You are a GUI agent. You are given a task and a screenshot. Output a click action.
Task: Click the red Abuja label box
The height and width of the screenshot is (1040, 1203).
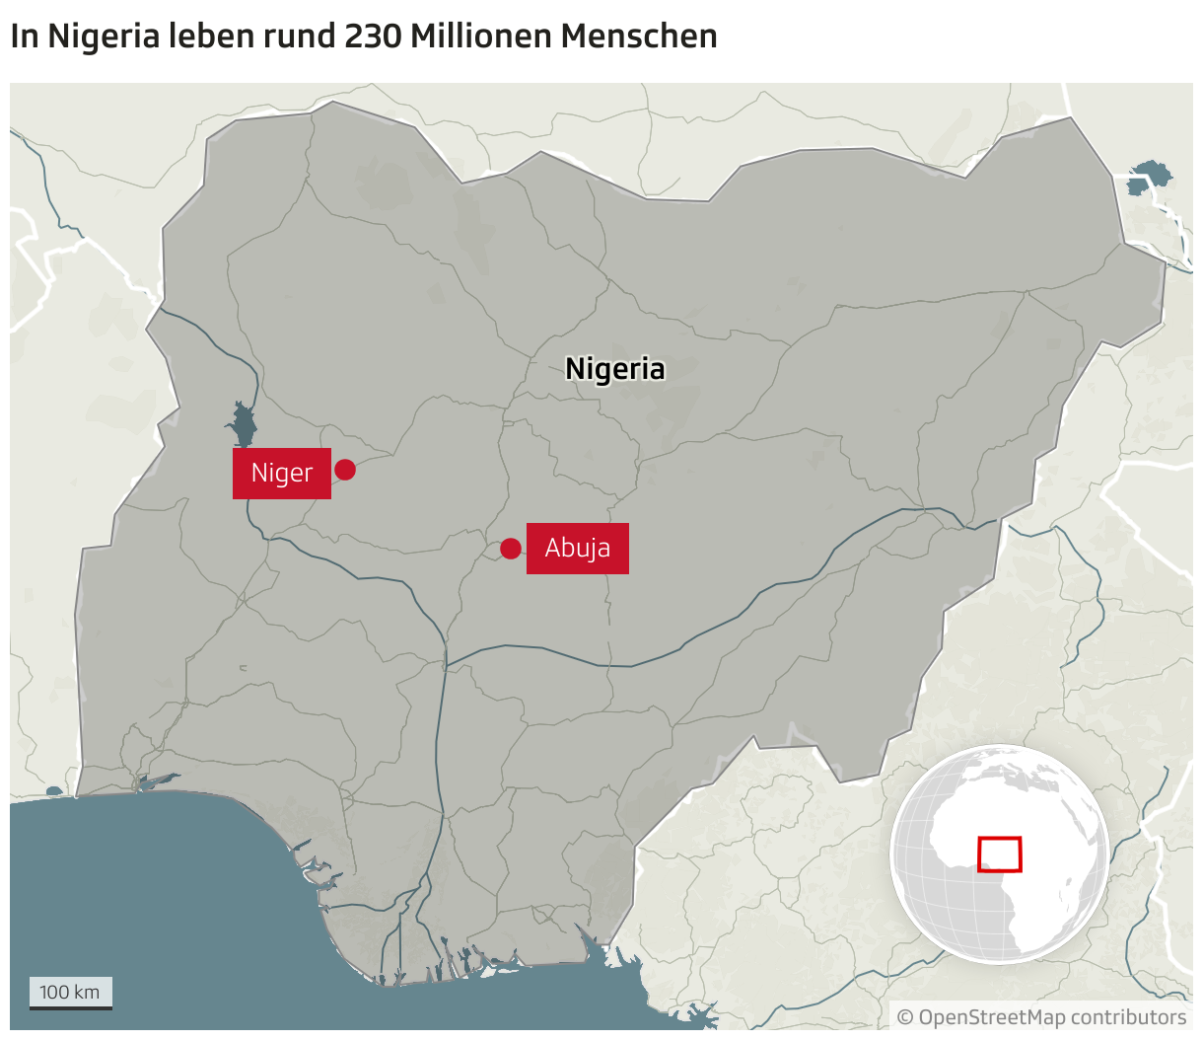coord(577,549)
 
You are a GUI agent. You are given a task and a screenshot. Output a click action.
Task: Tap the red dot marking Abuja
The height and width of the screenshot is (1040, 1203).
coord(510,549)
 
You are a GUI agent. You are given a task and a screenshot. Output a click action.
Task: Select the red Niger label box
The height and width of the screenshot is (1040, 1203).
coord(281,474)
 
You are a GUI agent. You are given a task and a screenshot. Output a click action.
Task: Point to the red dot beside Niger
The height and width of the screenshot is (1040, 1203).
coord(344,470)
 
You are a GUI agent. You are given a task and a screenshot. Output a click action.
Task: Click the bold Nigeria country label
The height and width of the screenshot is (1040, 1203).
coord(614,369)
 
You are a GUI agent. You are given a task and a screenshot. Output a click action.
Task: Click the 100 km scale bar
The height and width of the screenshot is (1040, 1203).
coord(70,993)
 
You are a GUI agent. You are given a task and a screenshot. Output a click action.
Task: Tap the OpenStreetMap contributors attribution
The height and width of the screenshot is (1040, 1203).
coord(1041,1017)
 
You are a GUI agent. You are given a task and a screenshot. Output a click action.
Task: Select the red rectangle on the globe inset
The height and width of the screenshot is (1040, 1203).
coord(999,854)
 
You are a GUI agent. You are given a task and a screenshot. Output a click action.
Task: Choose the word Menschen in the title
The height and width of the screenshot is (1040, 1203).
coord(639,37)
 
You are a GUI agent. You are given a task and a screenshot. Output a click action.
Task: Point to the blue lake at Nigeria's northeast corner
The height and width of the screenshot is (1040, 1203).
coord(1149,179)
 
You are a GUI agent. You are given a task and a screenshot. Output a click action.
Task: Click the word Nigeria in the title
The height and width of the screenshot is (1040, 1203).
coord(104,37)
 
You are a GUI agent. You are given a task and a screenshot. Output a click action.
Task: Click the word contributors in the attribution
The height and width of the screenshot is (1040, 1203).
coord(1128,1017)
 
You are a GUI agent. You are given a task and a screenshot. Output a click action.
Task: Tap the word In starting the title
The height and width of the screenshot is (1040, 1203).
coord(24,37)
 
